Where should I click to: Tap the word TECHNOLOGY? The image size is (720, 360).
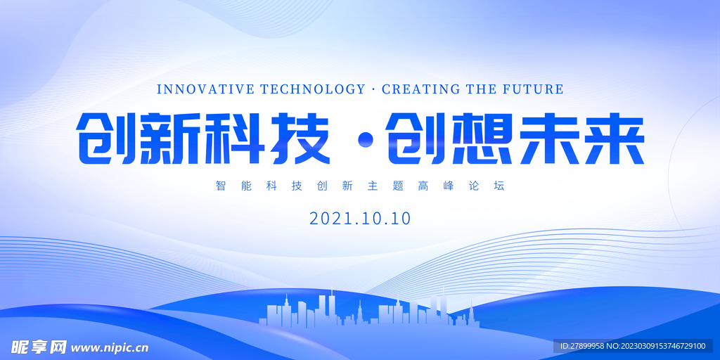click(312, 89)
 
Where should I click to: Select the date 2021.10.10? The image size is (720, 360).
click(360, 219)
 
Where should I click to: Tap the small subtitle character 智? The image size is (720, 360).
click(221, 186)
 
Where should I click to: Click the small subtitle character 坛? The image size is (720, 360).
click(499, 186)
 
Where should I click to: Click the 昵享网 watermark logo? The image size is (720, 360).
click(39, 347)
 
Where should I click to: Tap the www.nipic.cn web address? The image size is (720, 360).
click(110, 348)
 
